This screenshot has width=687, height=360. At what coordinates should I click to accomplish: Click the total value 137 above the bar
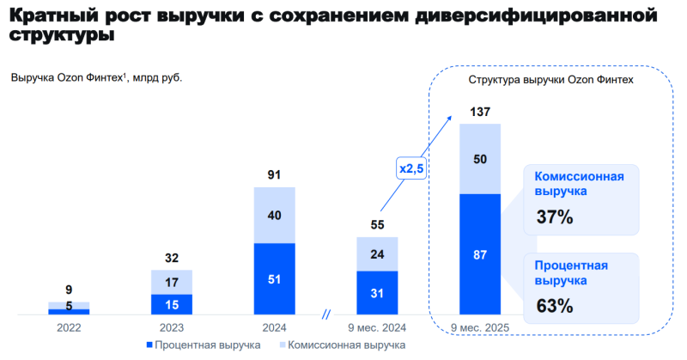(480, 113)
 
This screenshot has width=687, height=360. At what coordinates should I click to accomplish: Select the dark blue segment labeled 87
(480, 254)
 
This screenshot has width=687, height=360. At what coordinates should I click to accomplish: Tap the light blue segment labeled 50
(480, 159)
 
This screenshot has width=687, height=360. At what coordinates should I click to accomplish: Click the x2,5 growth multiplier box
(411, 168)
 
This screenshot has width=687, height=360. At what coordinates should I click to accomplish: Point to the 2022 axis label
(69, 326)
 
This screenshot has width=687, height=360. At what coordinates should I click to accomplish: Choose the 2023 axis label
(172, 326)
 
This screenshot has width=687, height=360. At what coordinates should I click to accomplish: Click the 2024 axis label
(275, 326)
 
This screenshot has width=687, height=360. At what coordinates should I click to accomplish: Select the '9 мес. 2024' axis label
(378, 326)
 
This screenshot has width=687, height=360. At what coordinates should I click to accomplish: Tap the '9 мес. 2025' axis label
(480, 328)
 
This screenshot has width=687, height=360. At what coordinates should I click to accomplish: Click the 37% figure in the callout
(554, 217)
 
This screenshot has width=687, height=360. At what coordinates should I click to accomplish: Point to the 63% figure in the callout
(554, 305)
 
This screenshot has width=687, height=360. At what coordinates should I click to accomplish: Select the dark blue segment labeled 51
(275, 278)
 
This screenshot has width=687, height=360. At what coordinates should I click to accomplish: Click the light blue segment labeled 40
(275, 215)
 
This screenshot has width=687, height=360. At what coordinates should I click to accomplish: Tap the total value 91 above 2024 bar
(275, 175)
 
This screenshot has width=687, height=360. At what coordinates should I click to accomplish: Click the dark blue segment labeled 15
(172, 304)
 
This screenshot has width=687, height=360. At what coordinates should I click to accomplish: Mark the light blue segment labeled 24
(378, 254)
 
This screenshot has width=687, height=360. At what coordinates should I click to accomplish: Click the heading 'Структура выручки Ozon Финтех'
(550, 80)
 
